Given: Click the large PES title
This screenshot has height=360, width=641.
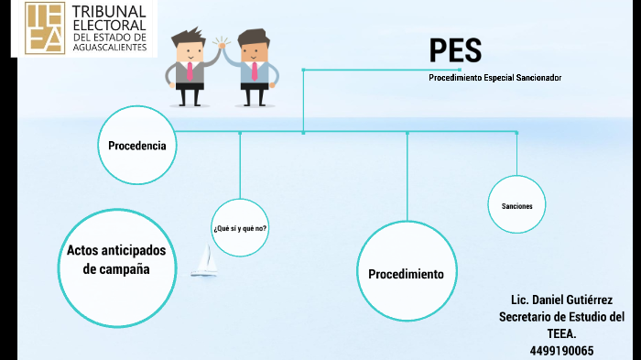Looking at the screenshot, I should [455, 50].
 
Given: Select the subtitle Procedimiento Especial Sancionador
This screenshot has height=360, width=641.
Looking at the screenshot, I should [494, 78].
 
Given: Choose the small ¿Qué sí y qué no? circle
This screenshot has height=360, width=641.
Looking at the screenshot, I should [240, 227].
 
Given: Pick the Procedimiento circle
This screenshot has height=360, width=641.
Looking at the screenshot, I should [406, 274].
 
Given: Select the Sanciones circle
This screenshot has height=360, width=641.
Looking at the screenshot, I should [516, 206].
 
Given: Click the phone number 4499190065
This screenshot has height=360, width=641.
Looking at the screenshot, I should [561, 350].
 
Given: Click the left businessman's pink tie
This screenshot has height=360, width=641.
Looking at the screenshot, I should [189, 71].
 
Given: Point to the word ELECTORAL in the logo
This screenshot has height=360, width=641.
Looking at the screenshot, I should [114, 25].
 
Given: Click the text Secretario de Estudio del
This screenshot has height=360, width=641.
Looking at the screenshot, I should [561, 317].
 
